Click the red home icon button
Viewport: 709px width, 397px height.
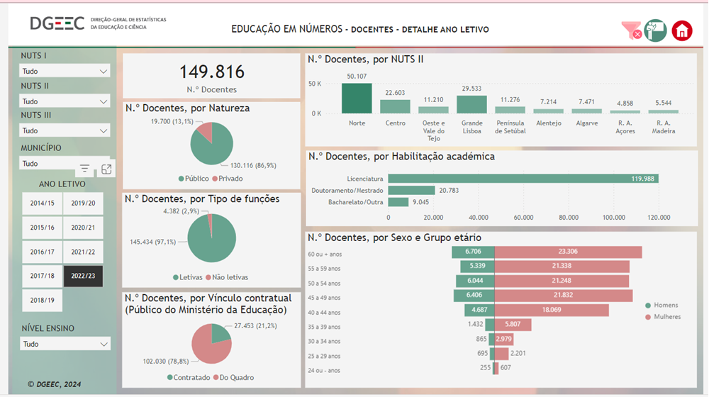(x=682, y=30)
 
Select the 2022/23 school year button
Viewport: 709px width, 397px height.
(x=83, y=276)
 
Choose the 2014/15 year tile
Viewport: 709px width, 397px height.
(x=42, y=203)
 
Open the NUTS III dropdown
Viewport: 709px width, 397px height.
(x=65, y=130)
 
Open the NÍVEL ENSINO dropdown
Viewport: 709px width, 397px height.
(x=65, y=344)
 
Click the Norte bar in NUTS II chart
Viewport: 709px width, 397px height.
(x=357, y=99)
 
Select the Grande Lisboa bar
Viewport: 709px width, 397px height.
(x=471, y=104)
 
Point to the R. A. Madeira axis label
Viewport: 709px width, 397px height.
(x=663, y=127)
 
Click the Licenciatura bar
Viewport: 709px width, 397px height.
(x=523, y=179)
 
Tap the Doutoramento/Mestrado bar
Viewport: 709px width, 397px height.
(x=411, y=190)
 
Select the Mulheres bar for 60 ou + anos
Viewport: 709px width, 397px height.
(x=568, y=252)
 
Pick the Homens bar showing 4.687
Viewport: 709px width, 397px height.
(x=479, y=311)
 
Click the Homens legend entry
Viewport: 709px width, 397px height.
(x=662, y=306)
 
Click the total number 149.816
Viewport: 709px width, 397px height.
(x=211, y=72)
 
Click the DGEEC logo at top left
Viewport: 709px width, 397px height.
(x=57, y=23)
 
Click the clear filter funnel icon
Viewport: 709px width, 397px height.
(x=631, y=30)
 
